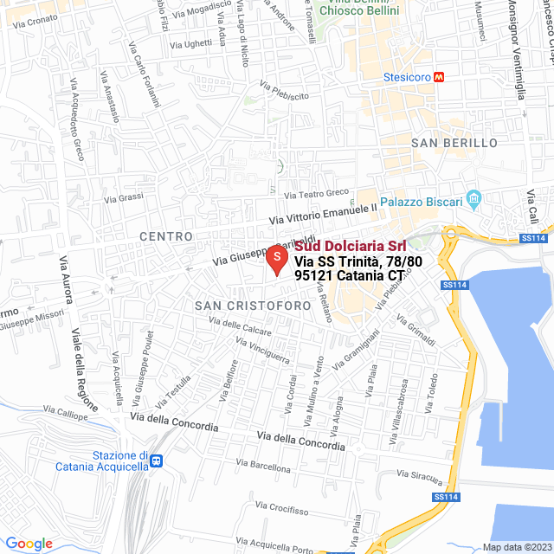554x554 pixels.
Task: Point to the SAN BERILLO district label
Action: click(x=454, y=142)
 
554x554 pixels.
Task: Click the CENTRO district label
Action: click(x=164, y=235)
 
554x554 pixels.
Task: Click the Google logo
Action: click(x=29, y=543)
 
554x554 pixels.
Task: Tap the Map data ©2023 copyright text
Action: click(x=517, y=547)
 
